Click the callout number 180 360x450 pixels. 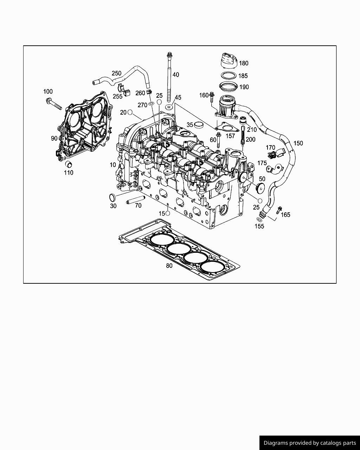coord(244,63)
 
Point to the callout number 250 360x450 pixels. coord(116,73)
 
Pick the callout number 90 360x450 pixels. coord(54,139)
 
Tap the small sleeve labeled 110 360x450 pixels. coord(69,165)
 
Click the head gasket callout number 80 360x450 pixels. coord(169,266)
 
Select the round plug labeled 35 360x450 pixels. coord(199,125)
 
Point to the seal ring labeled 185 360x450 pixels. coord(228,76)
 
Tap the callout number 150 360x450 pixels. coord(298,143)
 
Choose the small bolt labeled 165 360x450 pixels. coord(279,210)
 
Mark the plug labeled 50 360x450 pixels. coord(261,188)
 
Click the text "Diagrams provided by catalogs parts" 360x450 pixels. coord(309,443)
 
